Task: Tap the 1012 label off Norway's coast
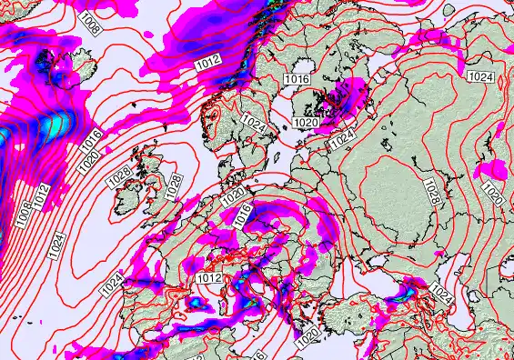click(207, 64)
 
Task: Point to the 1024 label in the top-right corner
click(482, 77)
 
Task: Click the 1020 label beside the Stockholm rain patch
click(305, 122)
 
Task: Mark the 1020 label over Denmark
click(233, 195)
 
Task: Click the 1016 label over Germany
click(240, 215)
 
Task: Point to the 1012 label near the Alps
click(209, 277)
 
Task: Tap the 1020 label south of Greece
click(308, 335)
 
